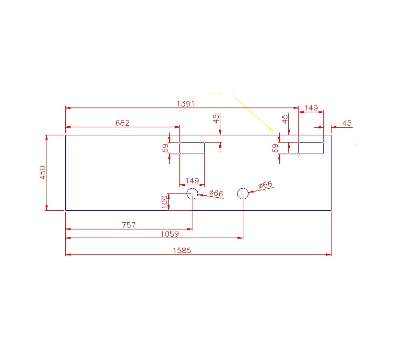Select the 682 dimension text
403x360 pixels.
pos(122,123)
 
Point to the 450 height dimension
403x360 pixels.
pos(42,172)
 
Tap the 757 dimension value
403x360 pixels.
pos(129,225)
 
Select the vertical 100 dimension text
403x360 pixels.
pos(165,202)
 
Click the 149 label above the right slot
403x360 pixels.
pos(311,108)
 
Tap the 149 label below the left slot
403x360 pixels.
pos(192,180)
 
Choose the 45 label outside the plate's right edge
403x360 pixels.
pos(347,123)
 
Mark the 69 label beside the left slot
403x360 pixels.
pos(166,148)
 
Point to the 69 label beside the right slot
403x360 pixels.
pos(275,148)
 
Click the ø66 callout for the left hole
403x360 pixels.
pos(215,193)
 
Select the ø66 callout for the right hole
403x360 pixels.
pos(265,185)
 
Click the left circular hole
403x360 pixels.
pos(192,193)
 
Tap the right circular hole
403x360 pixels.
pos(243,193)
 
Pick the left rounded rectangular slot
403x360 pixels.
pos(192,148)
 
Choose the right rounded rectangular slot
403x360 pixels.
pos(311,148)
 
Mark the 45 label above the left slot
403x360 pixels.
pos(216,118)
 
